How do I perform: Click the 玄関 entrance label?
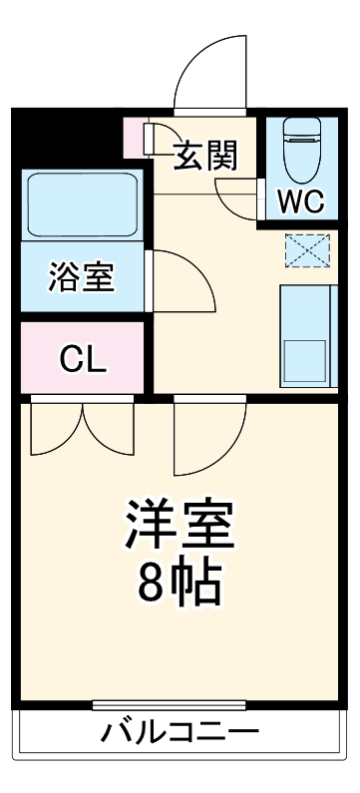(x=206, y=157)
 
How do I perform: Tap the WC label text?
(x=299, y=200)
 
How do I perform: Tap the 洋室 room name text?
(x=180, y=526)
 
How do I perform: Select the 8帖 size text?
(x=180, y=586)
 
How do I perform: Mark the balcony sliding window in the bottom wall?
(x=180, y=707)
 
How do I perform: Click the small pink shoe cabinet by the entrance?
(x=135, y=137)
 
